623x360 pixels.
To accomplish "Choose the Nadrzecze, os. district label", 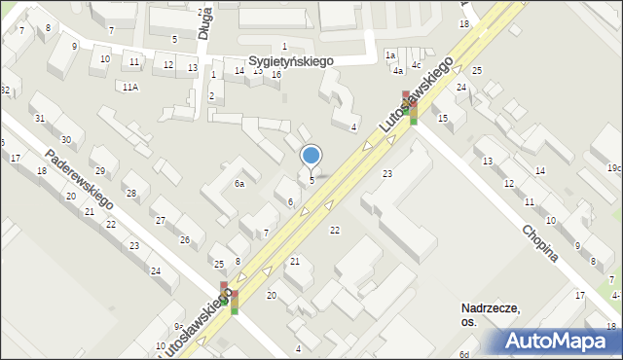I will [491, 315].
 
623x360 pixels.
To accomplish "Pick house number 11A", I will [130, 87].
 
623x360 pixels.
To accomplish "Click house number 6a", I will [238, 183].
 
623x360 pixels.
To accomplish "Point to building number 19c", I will [613, 168].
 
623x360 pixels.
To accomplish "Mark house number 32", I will [5, 90].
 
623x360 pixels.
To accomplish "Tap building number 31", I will [40, 119].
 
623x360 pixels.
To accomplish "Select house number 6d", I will [465, 354].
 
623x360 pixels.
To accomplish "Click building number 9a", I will [178, 327].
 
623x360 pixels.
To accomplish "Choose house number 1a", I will [389, 55].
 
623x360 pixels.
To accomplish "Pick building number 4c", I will [416, 65].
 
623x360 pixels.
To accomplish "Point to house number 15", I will [443, 118].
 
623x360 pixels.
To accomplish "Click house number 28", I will [129, 193].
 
